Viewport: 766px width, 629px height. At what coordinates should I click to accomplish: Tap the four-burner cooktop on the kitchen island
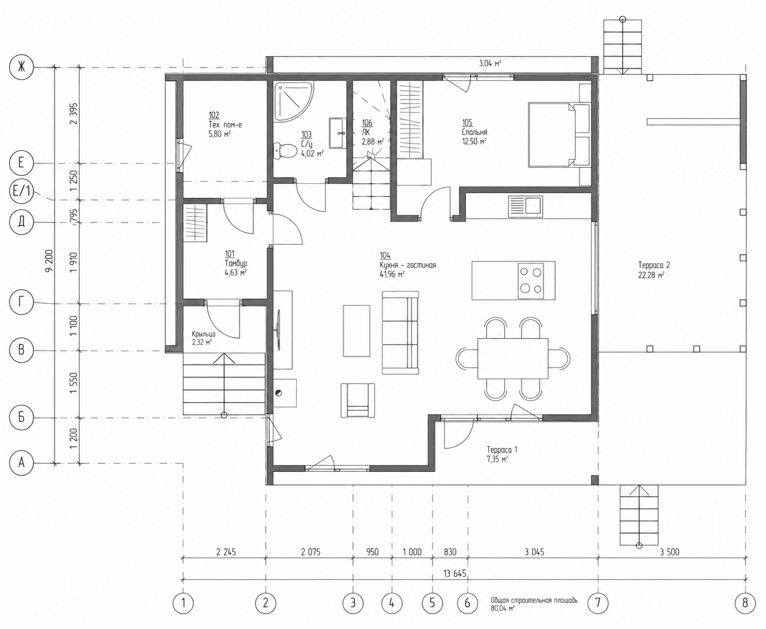531,281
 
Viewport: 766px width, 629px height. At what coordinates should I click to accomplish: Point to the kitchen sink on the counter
525,206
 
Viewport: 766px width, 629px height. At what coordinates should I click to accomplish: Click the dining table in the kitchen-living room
513,359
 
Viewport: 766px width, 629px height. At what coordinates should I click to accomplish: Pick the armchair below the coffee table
358,400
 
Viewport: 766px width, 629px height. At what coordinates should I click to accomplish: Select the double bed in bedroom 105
559,135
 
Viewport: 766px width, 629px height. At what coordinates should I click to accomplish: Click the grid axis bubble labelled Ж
22,67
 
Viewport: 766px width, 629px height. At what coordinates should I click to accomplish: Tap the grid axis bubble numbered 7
598,603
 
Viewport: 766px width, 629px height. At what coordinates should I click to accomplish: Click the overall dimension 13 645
455,574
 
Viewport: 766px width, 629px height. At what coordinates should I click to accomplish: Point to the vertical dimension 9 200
49,260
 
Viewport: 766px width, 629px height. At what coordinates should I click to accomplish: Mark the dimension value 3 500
669,552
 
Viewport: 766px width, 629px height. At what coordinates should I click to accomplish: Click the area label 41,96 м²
392,274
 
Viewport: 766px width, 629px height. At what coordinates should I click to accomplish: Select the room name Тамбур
236,263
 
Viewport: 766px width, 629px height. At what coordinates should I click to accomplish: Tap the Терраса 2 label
654,265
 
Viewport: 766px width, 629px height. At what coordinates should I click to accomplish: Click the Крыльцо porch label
204,334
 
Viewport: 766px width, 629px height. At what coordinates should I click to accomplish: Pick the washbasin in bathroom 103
338,133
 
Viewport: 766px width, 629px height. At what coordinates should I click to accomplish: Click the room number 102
214,115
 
